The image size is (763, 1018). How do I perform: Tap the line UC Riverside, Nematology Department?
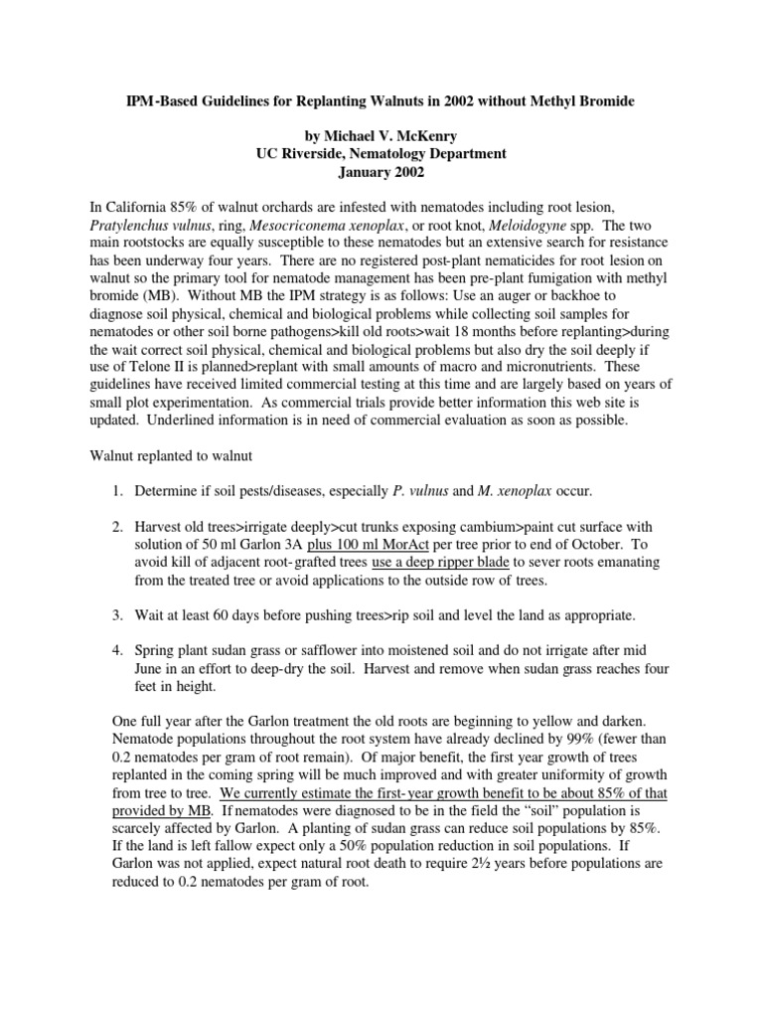point(381,153)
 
